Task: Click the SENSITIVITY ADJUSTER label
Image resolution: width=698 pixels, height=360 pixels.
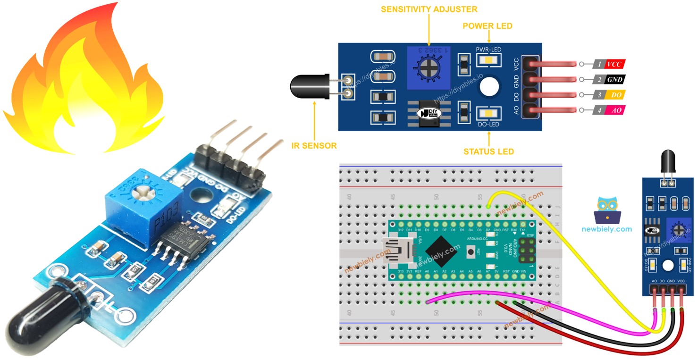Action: click(x=429, y=9)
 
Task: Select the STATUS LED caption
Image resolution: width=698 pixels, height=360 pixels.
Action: click(x=488, y=151)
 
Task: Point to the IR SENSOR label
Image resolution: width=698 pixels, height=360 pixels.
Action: click(x=314, y=145)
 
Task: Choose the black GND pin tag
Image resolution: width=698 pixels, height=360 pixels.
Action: click(x=614, y=79)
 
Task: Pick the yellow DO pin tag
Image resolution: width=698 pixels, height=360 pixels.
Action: click(x=614, y=95)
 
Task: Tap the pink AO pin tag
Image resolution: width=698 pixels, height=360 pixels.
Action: click(x=614, y=110)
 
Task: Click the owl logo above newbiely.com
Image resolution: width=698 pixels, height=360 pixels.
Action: click(x=607, y=210)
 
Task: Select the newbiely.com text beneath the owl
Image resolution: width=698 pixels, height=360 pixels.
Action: click(x=607, y=229)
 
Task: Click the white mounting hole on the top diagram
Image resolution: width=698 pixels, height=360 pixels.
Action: click(x=489, y=87)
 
